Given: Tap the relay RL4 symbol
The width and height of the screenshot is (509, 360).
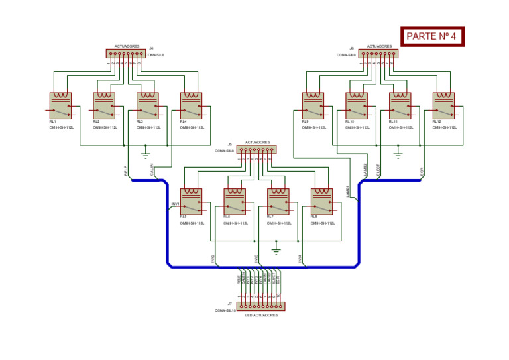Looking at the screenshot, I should [192, 105].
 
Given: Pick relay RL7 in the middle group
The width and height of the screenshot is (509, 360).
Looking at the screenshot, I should [278, 202].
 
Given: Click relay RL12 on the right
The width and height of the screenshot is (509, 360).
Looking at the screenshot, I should [443, 105].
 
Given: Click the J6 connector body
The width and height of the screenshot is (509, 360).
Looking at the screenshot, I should [378, 54].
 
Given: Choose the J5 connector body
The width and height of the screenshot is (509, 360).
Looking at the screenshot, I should [256, 150].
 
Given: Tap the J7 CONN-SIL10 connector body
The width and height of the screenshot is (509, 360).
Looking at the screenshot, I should [260, 306].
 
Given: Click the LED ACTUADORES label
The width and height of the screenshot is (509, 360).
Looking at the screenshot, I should [261, 316].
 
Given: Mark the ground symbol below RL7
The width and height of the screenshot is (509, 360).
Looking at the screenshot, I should [276, 251].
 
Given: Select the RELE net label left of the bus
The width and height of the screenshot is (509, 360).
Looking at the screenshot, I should [127, 170].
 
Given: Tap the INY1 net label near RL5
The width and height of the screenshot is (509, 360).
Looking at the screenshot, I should [176, 204].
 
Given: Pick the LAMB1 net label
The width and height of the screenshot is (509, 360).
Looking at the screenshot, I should [348, 192].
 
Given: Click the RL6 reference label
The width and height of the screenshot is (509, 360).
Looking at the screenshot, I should [227, 217].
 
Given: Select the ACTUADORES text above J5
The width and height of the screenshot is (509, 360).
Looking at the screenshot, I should [257, 142].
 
